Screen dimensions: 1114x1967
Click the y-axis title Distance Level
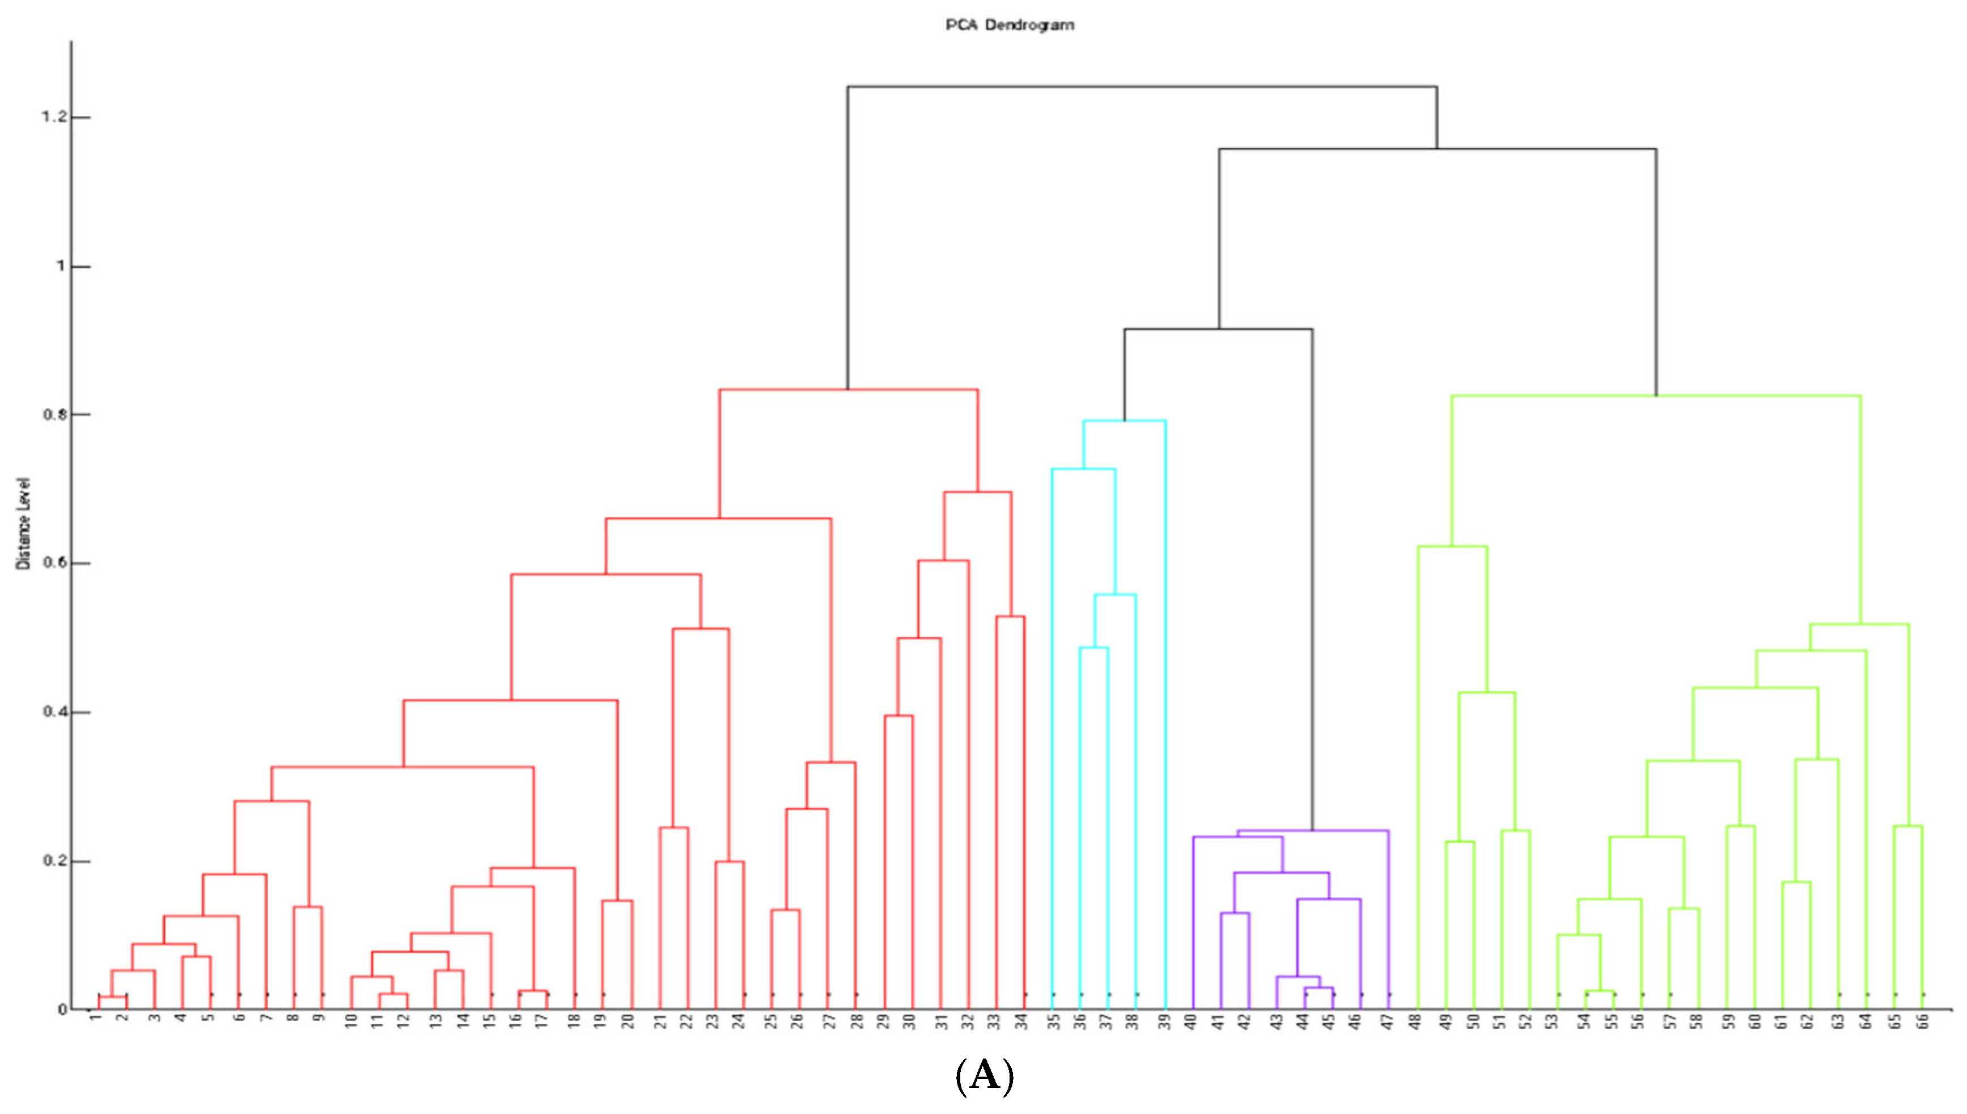(x=24, y=524)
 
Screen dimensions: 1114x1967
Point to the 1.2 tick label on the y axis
(x=54, y=117)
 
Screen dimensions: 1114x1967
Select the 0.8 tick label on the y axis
(x=54, y=415)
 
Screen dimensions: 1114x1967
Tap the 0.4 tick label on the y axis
(x=54, y=712)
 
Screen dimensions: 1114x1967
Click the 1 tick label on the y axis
(x=61, y=266)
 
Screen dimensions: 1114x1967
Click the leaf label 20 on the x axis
(x=628, y=1021)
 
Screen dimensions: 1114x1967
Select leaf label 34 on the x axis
(x=1021, y=1021)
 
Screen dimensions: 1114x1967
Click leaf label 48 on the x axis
(x=1416, y=1021)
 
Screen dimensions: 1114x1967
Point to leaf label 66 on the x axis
(x=1922, y=1021)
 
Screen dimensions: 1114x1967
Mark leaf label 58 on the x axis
(x=1697, y=1021)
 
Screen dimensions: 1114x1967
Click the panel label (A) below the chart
(x=985, y=1077)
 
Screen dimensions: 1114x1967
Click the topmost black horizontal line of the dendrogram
(x=1141, y=87)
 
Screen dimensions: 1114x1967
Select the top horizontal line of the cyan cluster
(x=1124, y=421)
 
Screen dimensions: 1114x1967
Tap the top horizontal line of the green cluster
(x=1656, y=396)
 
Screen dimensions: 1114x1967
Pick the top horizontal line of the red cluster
(x=849, y=390)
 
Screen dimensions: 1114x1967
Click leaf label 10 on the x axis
(x=351, y=1021)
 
